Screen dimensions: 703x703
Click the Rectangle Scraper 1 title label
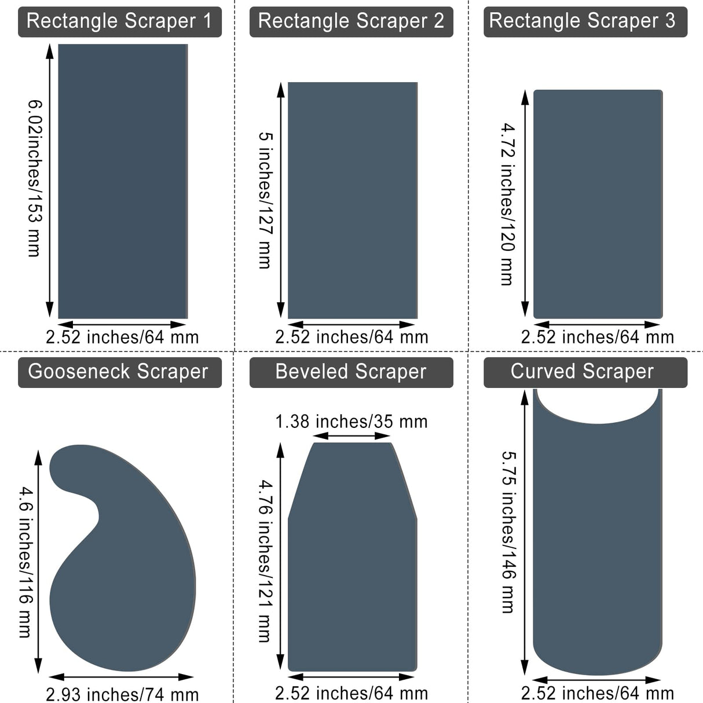click(x=119, y=21)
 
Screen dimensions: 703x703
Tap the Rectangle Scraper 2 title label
click(x=351, y=21)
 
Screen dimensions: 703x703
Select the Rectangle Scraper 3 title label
click(x=585, y=21)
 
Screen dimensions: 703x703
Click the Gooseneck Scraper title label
click(x=119, y=372)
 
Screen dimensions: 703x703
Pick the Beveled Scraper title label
click(x=351, y=372)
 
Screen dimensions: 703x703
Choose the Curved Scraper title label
click(x=585, y=372)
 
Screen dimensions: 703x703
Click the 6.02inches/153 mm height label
click(x=35, y=178)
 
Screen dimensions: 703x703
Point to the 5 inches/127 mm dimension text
click(x=265, y=200)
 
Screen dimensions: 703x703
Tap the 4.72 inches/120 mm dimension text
click(x=508, y=204)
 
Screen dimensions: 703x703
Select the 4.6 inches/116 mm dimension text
click(x=25, y=562)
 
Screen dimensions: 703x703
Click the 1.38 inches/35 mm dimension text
click(x=351, y=422)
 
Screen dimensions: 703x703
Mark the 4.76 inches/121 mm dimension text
click(x=265, y=561)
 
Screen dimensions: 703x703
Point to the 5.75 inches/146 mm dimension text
click(x=508, y=532)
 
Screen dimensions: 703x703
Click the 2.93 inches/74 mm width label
click(x=122, y=694)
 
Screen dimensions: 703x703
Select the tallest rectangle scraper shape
click(x=123, y=181)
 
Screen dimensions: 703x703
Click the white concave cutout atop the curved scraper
click(x=596, y=405)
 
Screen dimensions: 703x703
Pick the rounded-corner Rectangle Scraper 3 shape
click(x=598, y=204)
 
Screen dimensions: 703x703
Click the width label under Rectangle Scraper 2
click(x=351, y=337)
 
